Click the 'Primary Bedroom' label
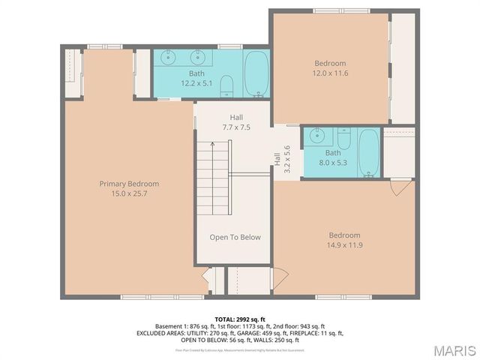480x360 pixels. click(x=129, y=184)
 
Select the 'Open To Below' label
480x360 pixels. click(x=235, y=238)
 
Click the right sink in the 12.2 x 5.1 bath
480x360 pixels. click(x=199, y=57)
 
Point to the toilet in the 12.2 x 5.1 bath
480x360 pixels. click(x=228, y=86)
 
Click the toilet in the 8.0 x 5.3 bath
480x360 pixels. click(x=343, y=139)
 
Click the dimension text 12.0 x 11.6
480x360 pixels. click(x=330, y=73)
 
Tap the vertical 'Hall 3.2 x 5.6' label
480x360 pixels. click(x=282, y=159)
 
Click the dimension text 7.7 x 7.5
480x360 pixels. click(x=235, y=127)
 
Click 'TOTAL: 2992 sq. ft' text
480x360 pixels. click(x=240, y=319)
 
